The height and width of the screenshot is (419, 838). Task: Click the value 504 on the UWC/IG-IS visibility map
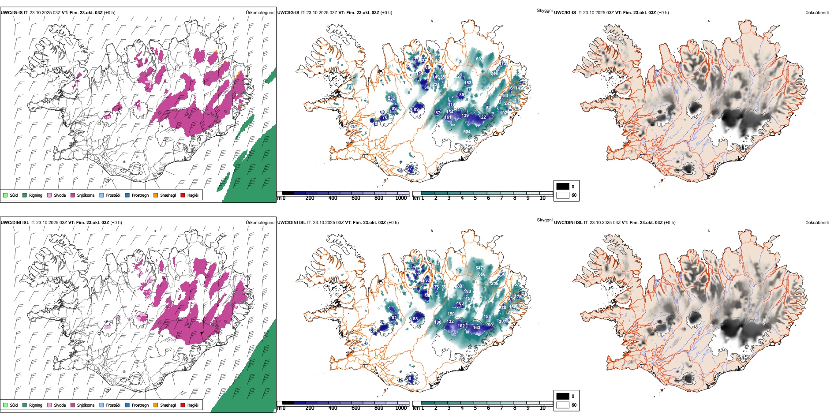467,131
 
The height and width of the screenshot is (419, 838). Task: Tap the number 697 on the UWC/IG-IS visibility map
479,59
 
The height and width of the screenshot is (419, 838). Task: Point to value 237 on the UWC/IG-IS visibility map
391,98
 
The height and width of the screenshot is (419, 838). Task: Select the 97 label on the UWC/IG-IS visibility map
410,168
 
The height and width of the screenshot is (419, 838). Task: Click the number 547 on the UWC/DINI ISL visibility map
479,268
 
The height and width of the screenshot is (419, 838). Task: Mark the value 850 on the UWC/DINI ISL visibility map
482,274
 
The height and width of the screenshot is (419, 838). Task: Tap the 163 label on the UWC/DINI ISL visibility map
476,327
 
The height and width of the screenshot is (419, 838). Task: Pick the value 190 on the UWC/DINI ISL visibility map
468,291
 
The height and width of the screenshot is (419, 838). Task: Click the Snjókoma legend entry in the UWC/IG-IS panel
86,195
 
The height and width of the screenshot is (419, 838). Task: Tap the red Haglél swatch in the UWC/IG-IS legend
183,195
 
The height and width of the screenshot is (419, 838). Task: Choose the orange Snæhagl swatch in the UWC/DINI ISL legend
156,405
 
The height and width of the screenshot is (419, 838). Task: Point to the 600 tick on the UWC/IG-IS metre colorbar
356,198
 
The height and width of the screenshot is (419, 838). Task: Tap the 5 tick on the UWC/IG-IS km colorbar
475,198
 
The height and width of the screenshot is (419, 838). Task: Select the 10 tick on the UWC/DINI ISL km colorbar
542,408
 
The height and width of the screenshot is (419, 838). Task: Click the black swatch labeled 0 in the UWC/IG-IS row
563,187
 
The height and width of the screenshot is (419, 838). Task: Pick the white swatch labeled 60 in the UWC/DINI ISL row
563,405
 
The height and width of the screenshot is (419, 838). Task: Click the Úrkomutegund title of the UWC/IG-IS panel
260,12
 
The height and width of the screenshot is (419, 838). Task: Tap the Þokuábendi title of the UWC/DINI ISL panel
817,222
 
